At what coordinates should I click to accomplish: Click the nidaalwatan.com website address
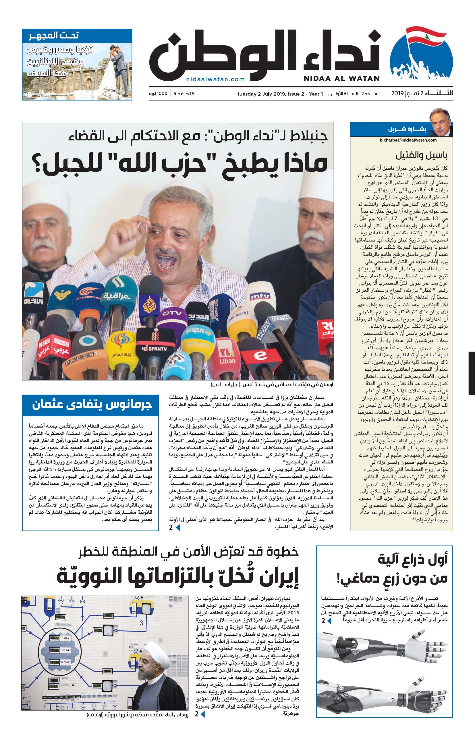point(215,79)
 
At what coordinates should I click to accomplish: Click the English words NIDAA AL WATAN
point(341,78)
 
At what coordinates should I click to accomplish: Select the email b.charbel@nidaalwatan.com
point(408,140)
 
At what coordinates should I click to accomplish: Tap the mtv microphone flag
point(260,297)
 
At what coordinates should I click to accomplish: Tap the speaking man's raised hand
point(125,237)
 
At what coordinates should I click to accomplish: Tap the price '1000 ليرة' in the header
point(158,94)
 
